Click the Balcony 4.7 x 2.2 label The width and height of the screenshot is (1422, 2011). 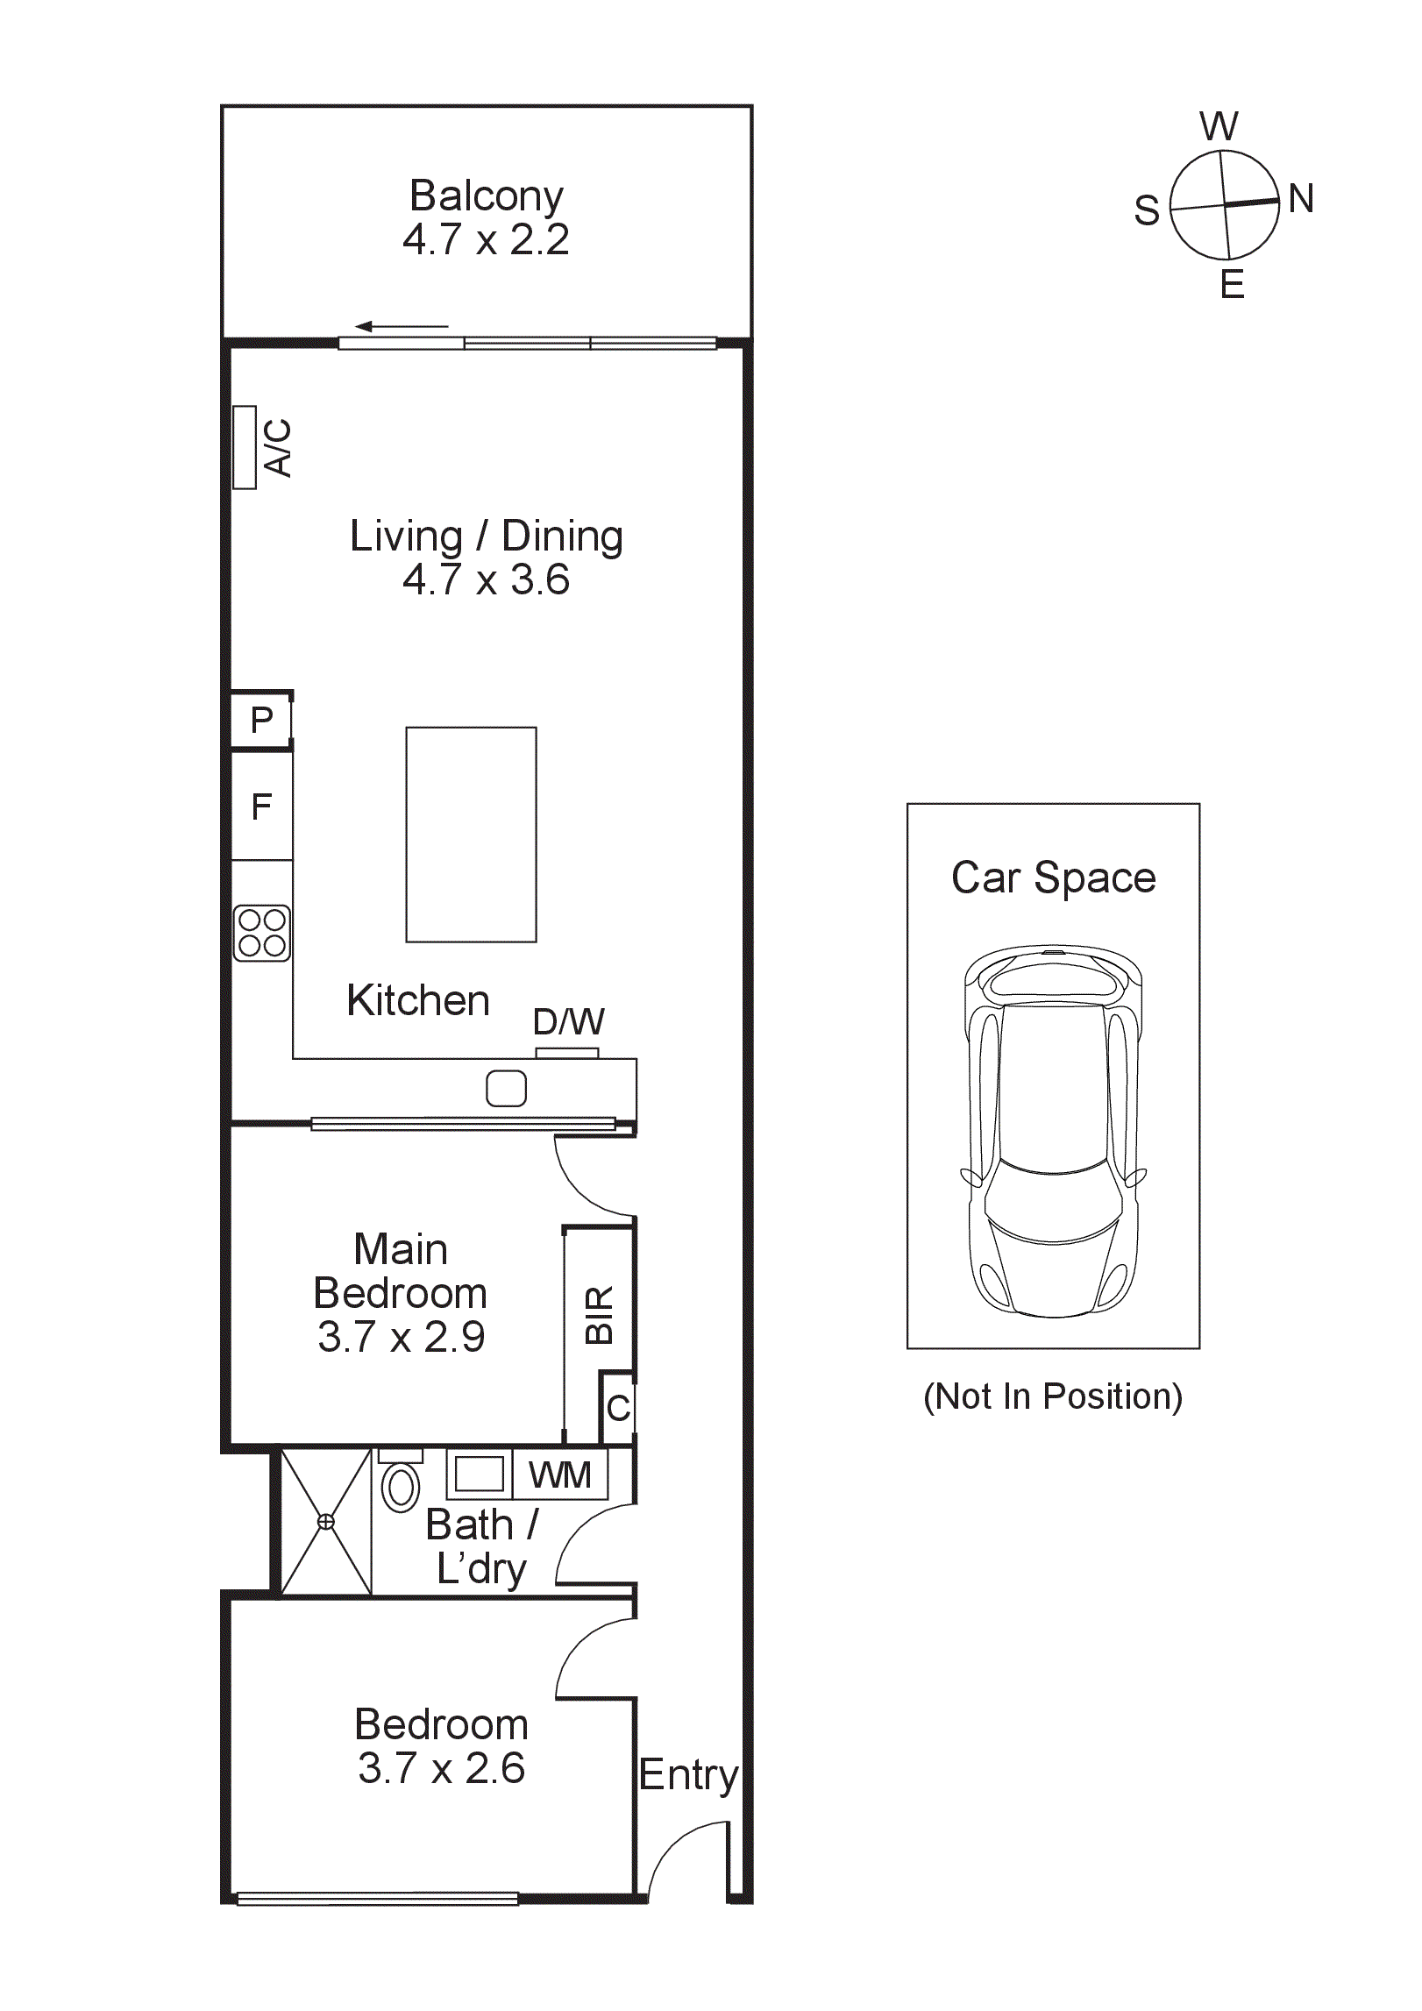click(x=486, y=218)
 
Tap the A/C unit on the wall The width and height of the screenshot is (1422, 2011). click(x=245, y=447)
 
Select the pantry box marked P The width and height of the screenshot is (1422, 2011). click(x=261, y=721)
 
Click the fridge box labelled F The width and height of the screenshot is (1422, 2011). click(x=261, y=807)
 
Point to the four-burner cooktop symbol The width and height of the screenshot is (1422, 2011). click(x=261, y=933)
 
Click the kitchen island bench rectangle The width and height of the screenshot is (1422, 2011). click(x=471, y=835)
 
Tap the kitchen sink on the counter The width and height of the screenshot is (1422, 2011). click(x=506, y=1089)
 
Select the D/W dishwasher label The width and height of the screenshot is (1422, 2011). click(x=568, y=1022)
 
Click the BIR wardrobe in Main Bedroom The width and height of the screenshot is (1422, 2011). click(x=599, y=1315)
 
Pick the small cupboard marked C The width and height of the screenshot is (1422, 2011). click(x=618, y=1409)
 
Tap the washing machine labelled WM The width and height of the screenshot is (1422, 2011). click(x=560, y=1475)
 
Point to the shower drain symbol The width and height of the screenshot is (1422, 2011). click(x=325, y=1522)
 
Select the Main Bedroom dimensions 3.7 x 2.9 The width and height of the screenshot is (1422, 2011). click(x=401, y=1337)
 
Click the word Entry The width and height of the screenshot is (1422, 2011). click(x=688, y=1775)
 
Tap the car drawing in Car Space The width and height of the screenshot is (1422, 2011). click(x=1053, y=1131)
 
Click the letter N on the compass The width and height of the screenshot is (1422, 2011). click(x=1301, y=199)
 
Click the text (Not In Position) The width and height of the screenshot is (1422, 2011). click(x=1053, y=1396)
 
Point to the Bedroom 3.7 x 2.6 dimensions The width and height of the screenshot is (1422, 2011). click(x=441, y=1768)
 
